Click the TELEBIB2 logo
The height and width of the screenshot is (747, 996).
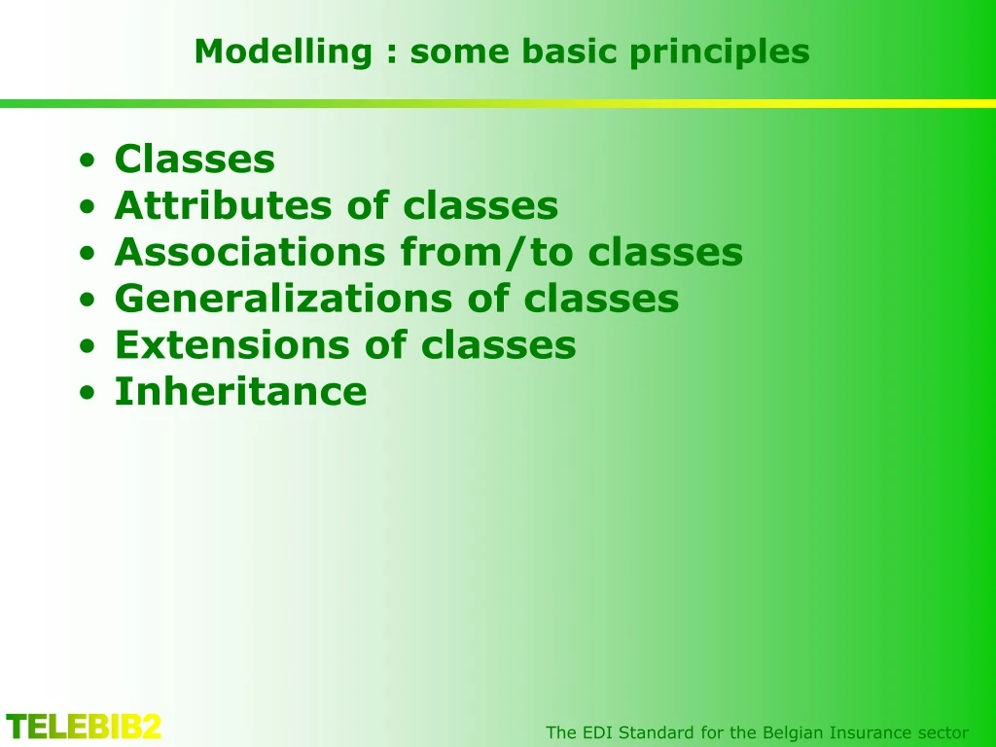[84, 727]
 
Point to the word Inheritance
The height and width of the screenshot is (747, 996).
[240, 392]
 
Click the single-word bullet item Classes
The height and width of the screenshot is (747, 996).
[195, 159]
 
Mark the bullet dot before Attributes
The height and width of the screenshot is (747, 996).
[89, 207]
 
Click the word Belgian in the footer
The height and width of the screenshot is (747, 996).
[793, 732]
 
